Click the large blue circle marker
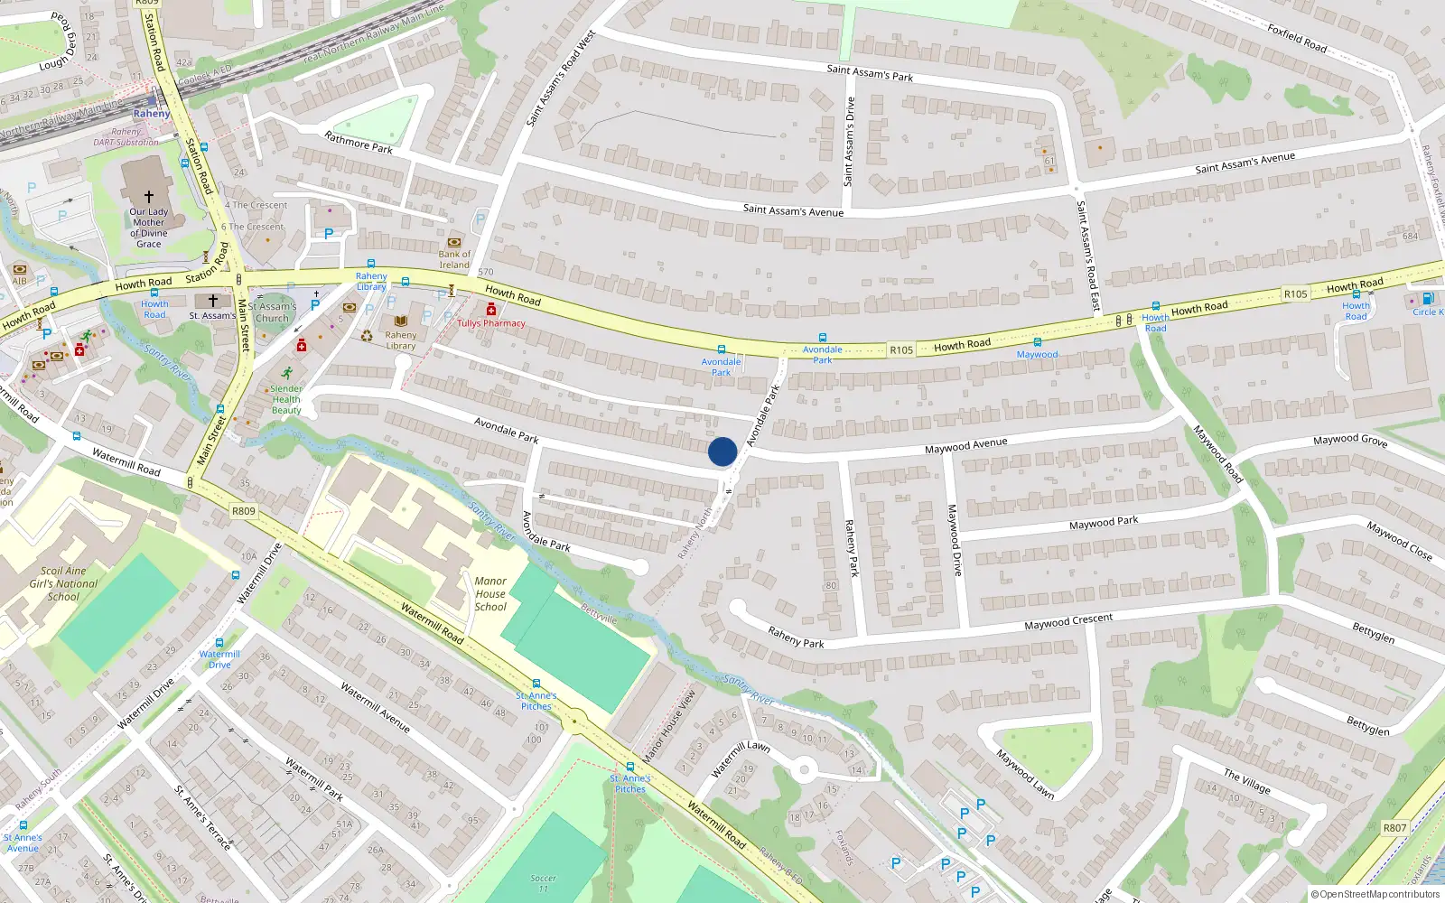(x=722, y=451)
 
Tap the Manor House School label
(x=490, y=594)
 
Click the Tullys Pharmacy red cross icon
(x=491, y=310)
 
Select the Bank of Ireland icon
(x=454, y=242)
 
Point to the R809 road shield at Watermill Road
(x=244, y=511)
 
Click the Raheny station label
(x=151, y=114)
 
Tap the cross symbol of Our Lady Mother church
(x=149, y=196)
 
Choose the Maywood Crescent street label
(x=1068, y=622)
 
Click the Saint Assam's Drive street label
(x=849, y=142)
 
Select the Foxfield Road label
(x=1297, y=38)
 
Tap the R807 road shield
(x=1394, y=827)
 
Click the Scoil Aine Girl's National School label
(x=63, y=583)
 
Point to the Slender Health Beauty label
(x=286, y=399)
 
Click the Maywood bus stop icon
(x=1037, y=342)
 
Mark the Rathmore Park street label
(x=359, y=143)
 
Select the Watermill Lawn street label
(x=741, y=759)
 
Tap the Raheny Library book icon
(x=401, y=321)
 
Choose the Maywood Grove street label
(x=1349, y=440)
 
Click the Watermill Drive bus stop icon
(x=219, y=643)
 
